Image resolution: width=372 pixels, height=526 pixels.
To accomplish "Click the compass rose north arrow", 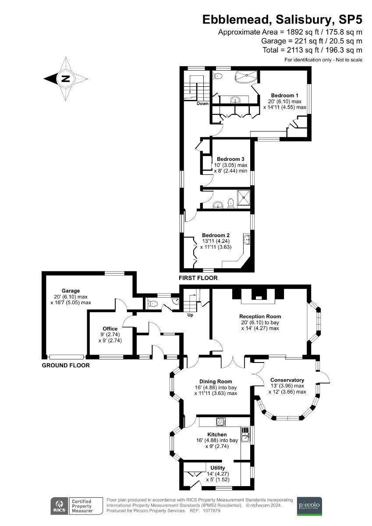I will coord(65,79).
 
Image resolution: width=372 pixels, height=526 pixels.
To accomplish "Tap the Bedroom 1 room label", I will coord(284,95).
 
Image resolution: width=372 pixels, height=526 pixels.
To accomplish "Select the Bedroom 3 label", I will coord(230,159).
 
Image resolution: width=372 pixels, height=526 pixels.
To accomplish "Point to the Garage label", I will coord(71,291).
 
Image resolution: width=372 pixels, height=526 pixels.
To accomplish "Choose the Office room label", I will coord(110,328).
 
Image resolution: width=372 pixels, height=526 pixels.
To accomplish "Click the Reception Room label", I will coord(260,316).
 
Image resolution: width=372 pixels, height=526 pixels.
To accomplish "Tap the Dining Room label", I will coord(216,381).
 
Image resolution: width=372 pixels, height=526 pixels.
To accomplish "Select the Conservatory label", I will coord(287,380).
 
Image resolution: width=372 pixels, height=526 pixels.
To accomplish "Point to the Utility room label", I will coord(218,468).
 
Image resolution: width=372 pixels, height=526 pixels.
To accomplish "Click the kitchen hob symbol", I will coord(221,422).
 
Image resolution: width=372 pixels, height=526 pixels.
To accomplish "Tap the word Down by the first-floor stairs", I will coord(202,104).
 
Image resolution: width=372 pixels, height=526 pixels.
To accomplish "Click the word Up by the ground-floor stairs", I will coord(190,315).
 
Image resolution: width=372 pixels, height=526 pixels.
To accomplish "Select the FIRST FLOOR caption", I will coord(198,278).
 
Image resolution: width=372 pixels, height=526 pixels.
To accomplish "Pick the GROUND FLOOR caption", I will coord(66,365).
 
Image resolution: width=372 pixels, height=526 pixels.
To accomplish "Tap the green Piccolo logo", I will coord(309,506).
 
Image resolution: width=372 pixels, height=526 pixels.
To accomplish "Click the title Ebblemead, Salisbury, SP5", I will coord(282,20).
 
